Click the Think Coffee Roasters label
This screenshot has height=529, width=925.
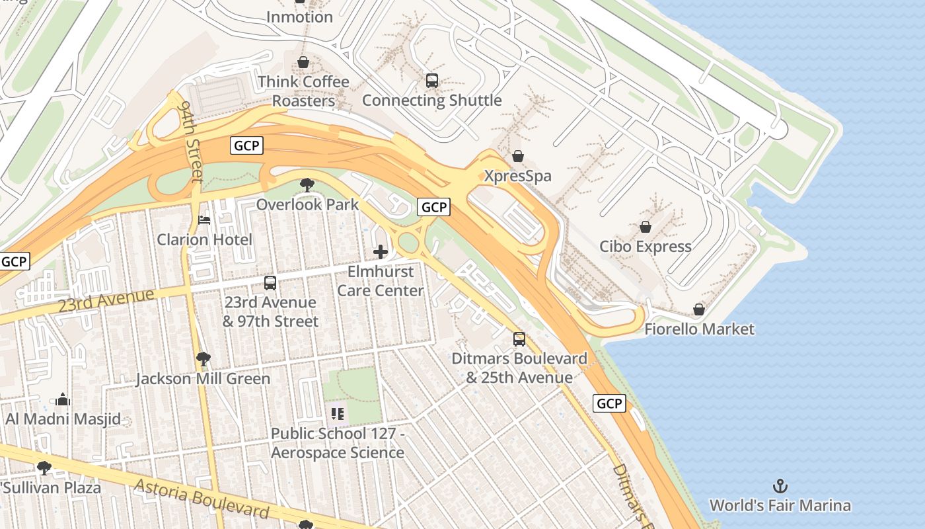(x=303, y=91)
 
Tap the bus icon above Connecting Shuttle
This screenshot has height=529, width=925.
(x=432, y=81)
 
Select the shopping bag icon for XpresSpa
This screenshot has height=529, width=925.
(x=518, y=156)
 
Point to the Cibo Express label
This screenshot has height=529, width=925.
(x=645, y=247)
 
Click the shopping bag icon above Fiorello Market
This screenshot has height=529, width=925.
(x=698, y=309)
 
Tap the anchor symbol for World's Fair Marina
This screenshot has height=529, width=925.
(x=780, y=486)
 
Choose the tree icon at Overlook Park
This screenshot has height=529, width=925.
(x=307, y=185)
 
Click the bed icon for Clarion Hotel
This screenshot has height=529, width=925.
(x=204, y=220)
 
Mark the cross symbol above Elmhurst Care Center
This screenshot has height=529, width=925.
(x=381, y=252)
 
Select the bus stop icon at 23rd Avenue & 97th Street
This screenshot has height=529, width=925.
(x=270, y=283)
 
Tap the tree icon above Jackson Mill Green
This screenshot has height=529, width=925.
(x=203, y=360)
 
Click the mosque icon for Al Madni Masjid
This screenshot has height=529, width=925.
(x=63, y=399)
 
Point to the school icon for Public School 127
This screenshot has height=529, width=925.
(x=338, y=414)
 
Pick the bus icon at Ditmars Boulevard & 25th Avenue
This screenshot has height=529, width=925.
(x=519, y=339)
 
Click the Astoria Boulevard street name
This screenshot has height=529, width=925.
(x=202, y=499)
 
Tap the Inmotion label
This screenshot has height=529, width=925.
(x=299, y=17)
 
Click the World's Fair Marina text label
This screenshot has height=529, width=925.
(x=780, y=506)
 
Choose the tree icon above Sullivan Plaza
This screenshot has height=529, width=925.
(x=44, y=468)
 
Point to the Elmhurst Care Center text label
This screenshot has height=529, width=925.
(x=381, y=281)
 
